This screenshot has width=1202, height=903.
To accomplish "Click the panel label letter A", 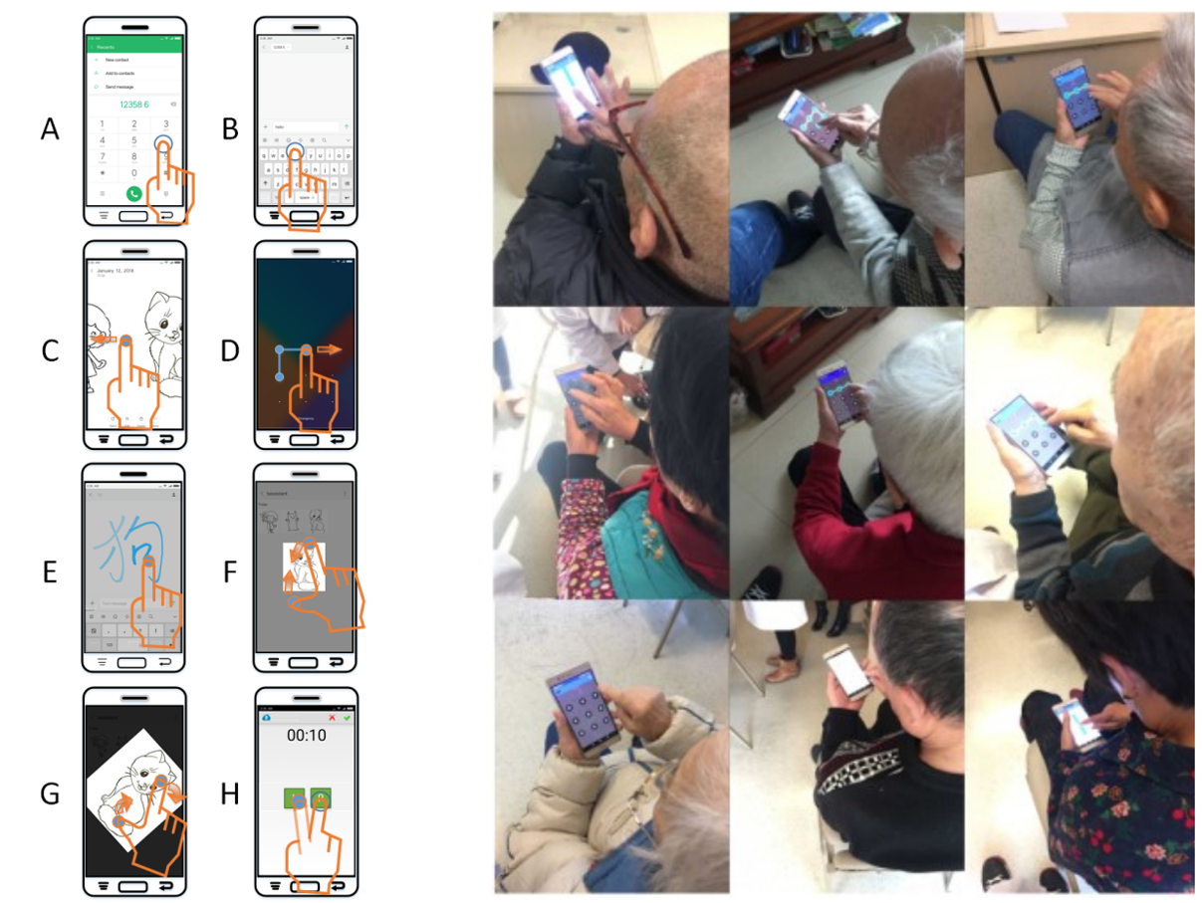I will tap(51, 128).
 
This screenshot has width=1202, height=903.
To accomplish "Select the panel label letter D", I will tap(230, 350).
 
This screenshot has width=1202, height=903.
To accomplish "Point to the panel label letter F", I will tap(230, 571).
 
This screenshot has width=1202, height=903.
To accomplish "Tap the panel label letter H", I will tap(230, 793).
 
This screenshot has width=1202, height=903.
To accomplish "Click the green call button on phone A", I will tap(133, 193).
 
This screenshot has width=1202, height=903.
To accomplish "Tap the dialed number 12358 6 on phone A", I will tap(133, 104).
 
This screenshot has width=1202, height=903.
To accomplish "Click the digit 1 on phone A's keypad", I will tap(103, 123).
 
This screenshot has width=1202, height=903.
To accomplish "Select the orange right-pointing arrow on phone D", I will tap(330, 349).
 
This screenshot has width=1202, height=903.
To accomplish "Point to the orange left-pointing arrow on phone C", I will tap(104, 340).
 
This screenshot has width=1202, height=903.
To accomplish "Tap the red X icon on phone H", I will tap(332, 717).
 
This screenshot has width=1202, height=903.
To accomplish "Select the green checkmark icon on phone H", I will tap(347, 717).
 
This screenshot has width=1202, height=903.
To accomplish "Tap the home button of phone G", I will tap(133, 884).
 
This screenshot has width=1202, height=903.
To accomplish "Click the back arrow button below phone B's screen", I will tap(339, 215).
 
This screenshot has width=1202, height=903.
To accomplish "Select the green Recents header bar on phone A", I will tap(133, 46).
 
